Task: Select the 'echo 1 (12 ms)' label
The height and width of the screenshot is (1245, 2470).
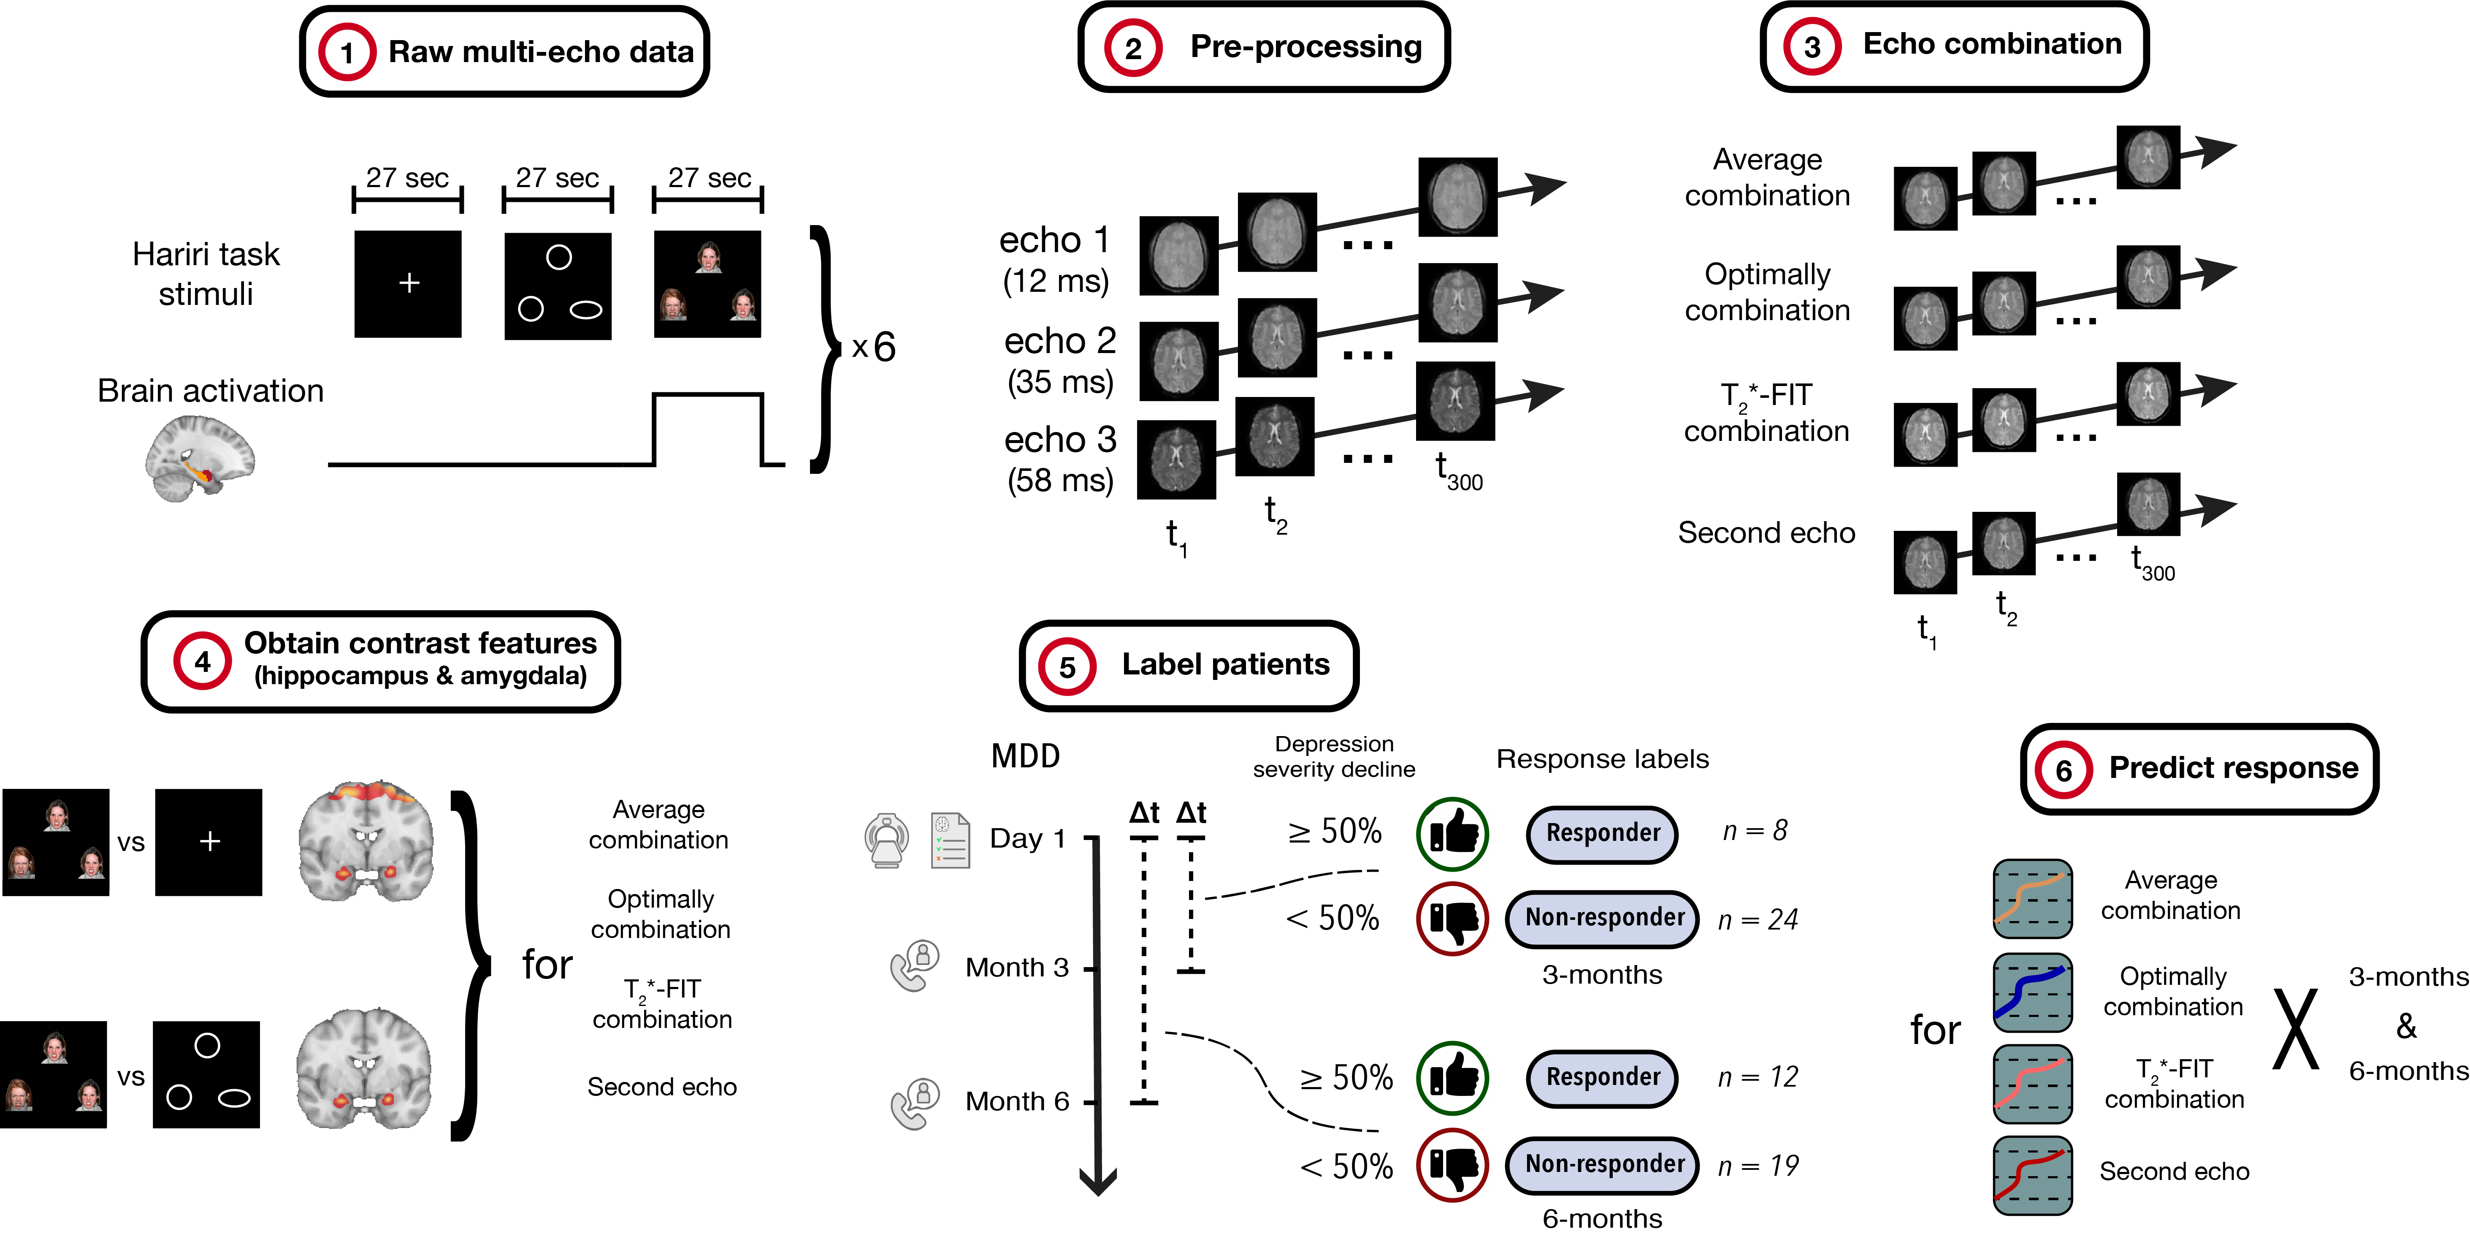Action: click(1055, 259)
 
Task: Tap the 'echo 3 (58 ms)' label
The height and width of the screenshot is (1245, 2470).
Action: click(1059, 459)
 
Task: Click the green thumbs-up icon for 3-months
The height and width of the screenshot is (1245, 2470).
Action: click(1453, 832)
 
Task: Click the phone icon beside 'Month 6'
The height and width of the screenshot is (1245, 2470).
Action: click(914, 1103)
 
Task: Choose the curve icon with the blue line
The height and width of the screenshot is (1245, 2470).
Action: click(2032, 993)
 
